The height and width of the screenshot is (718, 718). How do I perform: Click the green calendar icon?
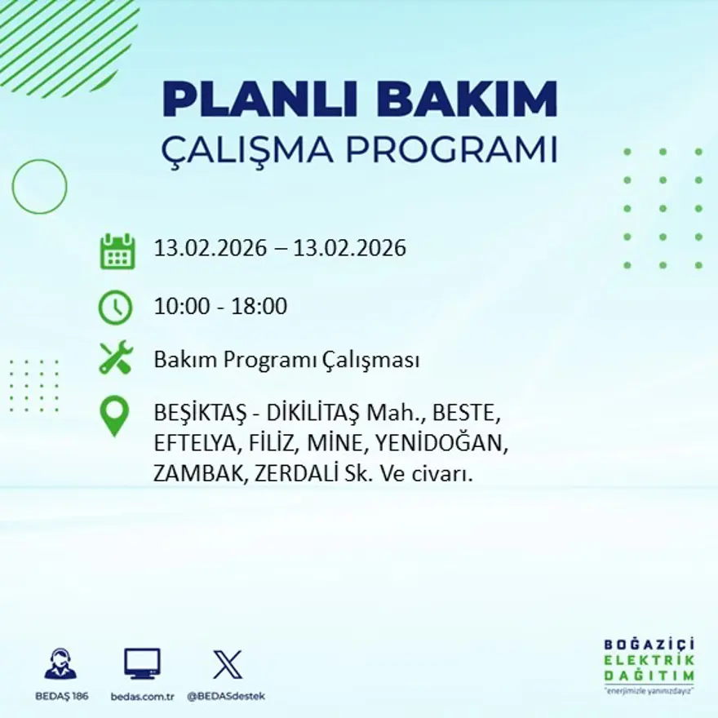(117, 251)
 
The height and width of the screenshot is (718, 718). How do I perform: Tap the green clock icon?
(115, 308)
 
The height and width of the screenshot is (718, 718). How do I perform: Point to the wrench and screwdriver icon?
(115, 358)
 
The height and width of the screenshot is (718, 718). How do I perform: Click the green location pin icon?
(114, 415)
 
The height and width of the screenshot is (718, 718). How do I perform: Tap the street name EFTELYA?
(191, 445)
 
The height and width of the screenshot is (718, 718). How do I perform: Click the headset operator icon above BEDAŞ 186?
(60, 664)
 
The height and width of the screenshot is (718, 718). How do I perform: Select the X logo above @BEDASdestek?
(227, 664)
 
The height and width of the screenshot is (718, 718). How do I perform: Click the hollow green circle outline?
(39, 187)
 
